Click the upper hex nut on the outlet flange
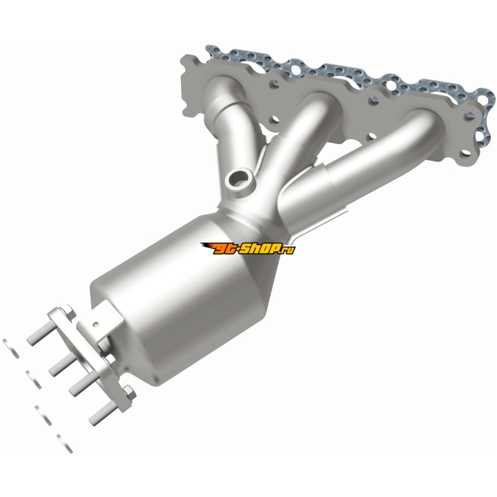click(x=70, y=312)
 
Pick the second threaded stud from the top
click(x=62, y=364)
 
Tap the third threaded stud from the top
click(x=84, y=383)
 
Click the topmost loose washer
click(x=11, y=349)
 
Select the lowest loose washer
click(x=65, y=444)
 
